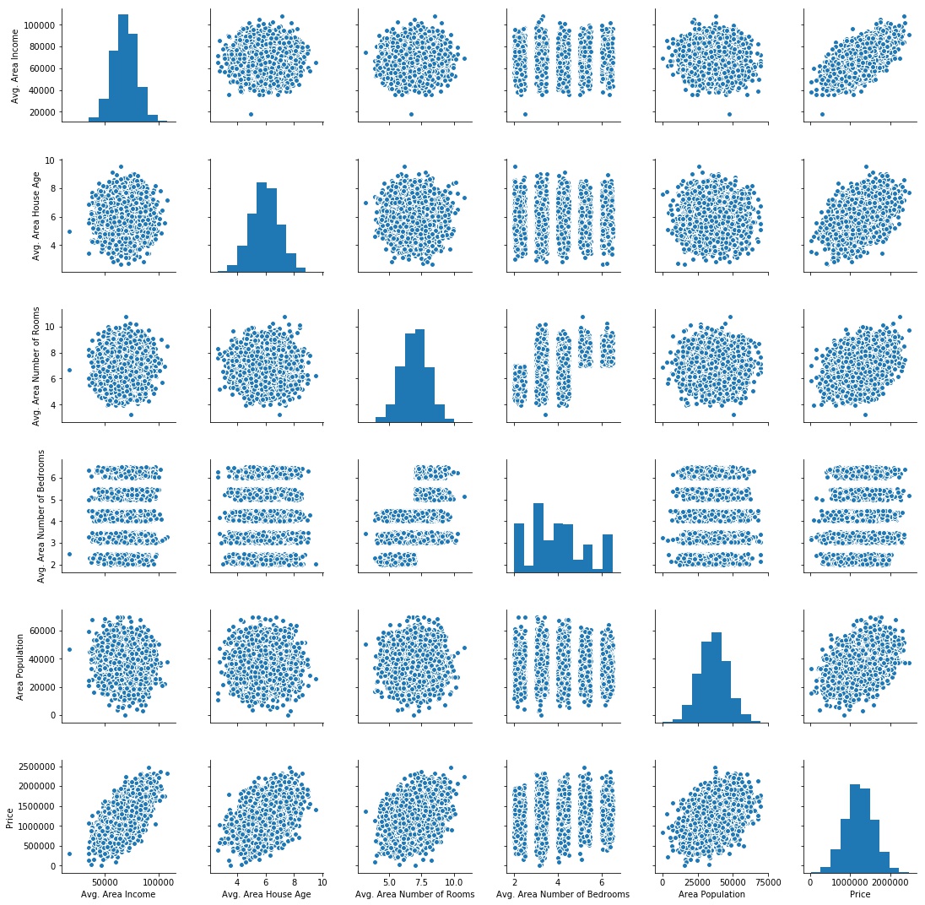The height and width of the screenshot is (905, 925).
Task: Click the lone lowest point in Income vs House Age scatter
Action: (251, 114)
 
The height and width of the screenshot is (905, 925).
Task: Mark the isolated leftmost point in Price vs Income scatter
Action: (69, 854)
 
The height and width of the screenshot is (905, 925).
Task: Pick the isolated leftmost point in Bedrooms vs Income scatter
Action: (69, 554)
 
